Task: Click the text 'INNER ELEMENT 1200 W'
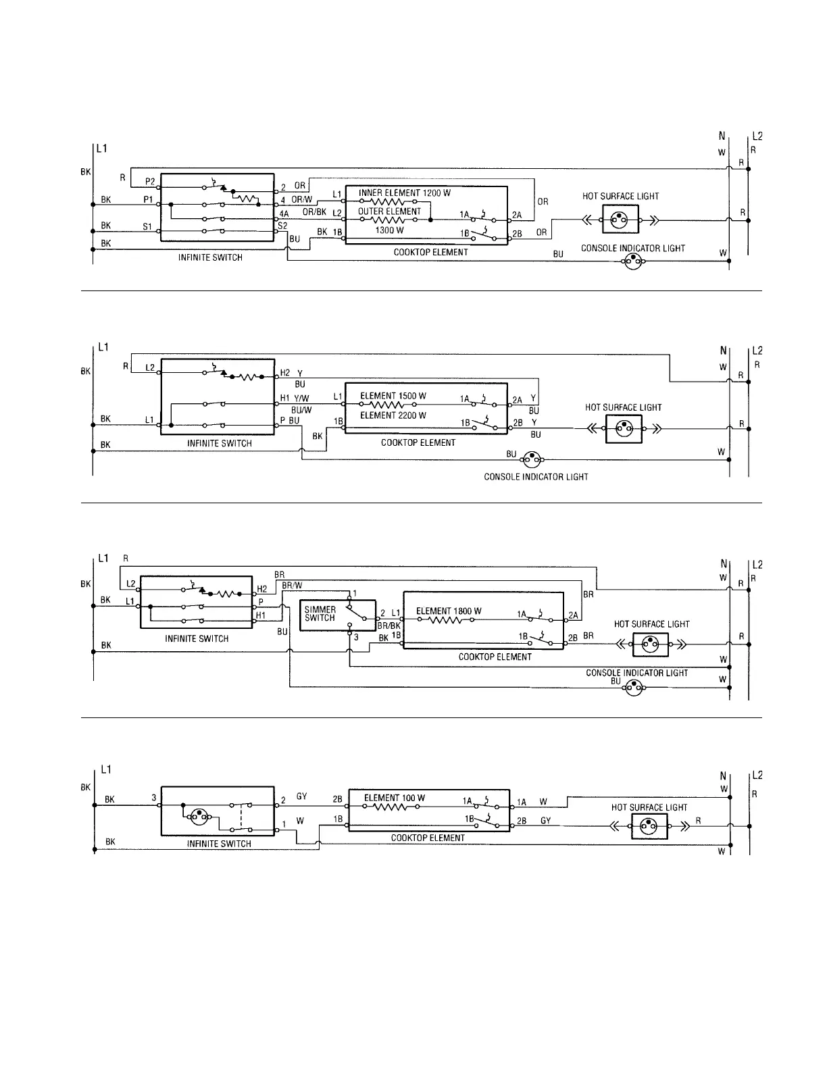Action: coord(404,193)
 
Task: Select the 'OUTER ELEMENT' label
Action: coord(389,211)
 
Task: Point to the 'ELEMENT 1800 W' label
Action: coord(449,611)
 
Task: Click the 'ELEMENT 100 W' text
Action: coord(395,798)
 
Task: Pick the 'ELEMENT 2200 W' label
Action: coord(393,415)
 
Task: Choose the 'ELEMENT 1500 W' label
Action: coord(393,396)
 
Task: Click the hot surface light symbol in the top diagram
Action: coord(620,220)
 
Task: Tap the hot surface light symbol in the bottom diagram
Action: coord(649,826)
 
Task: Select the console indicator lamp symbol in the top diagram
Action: coord(632,262)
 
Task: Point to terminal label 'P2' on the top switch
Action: coord(150,181)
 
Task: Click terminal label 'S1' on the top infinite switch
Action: coord(147,227)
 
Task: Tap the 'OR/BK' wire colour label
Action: coord(314,212)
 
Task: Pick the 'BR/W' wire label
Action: coord(292,585)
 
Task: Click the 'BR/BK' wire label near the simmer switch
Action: coord(389,626)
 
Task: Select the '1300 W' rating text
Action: coord(389,230)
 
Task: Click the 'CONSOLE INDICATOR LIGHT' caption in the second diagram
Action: coord(536,477)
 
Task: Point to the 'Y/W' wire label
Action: coord(301,399)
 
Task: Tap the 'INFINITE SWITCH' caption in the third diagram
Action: coord(197,638)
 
